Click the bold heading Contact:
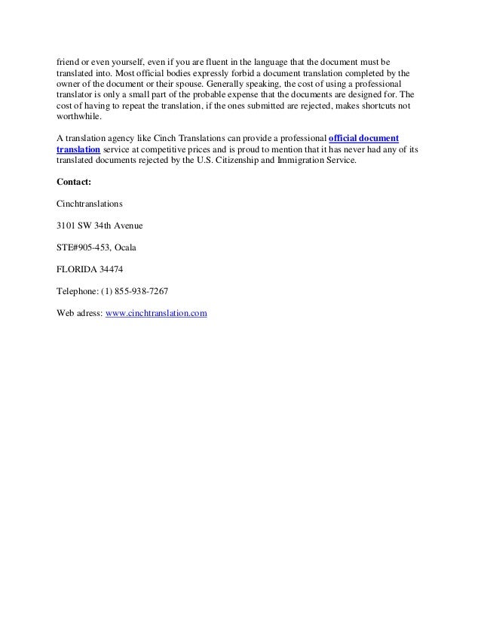74,182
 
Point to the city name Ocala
125,247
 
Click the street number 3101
68,226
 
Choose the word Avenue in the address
126,226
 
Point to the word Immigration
292,161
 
